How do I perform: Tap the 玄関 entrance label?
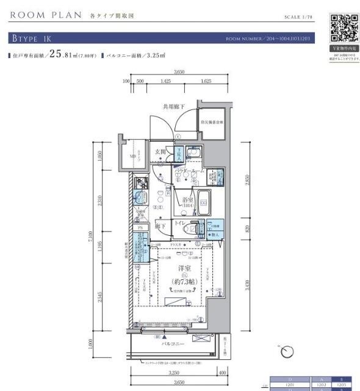coord(160,152)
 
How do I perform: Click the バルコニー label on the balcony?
coord(173,343)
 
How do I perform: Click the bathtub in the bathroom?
coord(204,202)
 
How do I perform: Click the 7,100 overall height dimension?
coord(88,234)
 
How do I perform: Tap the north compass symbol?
coord(286,351)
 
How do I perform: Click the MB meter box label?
coord(134,156)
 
